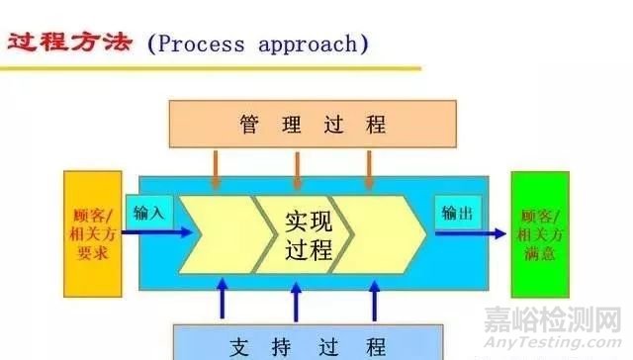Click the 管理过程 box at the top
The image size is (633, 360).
[313, 124]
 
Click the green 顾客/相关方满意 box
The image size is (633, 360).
[540, 234]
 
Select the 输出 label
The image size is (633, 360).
[456, 213]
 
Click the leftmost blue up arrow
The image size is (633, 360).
[224, 297]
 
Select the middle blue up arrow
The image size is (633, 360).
[295, 297]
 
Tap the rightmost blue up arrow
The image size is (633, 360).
[375, 297]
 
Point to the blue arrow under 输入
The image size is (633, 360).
[158, 234]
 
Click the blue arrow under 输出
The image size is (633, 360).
[470, 234]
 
